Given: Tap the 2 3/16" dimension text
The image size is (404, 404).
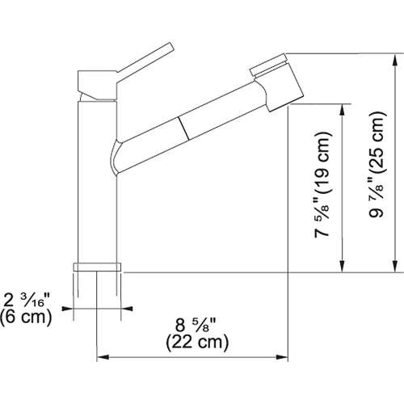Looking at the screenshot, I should (x=28, y=300).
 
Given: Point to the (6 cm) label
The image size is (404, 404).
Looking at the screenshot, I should (x=27, y=317).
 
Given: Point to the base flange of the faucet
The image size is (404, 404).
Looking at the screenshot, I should (x=96, y=267).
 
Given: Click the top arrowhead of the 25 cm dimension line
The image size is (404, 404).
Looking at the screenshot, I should (x=394, y=61).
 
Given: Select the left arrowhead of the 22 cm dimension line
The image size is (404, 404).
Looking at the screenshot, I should (x=102, y=358).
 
